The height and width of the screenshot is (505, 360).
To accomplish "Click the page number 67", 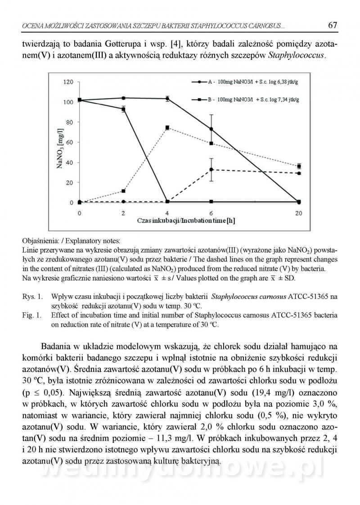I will pyautogui.click(x=333, y=26).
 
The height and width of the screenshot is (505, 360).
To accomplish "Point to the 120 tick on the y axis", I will pyautogui.click(x=68, y=82).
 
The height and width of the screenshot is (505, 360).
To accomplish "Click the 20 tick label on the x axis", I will pyautogui.click(x=299, y=212).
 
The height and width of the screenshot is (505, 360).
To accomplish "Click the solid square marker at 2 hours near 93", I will pyautogui.click(x=123, y=109).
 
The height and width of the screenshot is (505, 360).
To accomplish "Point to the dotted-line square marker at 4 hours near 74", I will pyautogui.click(x=167, y=128).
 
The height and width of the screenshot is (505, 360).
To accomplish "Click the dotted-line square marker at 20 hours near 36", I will pyautogui.click(x=299, y=166).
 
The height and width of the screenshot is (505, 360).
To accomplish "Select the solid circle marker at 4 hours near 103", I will pyautogui.click(x=167, y=99).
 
